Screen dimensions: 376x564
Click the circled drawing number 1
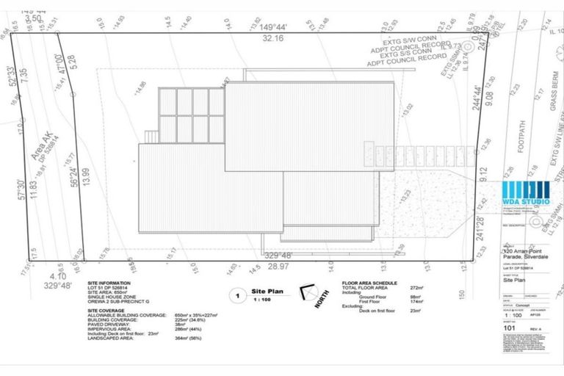point(237,296)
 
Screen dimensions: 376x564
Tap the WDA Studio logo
point(526,192)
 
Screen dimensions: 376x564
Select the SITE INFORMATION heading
point(109,283)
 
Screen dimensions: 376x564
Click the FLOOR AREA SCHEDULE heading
point(370,283)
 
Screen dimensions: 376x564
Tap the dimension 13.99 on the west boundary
point(86,174)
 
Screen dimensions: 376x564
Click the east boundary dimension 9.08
point(480,95)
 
